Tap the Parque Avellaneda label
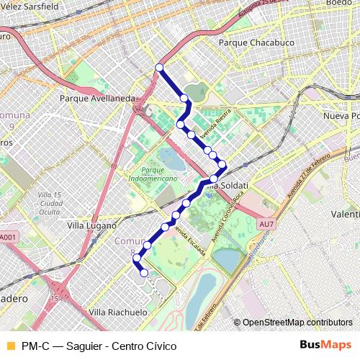pos(98,98)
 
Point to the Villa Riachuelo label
pos(117,312)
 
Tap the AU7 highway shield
pos(266,225)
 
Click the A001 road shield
pos(7,237)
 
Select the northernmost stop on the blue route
pos(159,68)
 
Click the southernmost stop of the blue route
pos(144,273)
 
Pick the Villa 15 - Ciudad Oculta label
pos(50,204)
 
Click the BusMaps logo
pos(325,345)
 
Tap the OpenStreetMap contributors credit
pos(293,323)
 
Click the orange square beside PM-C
pos(9,346)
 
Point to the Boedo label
pos(338,3)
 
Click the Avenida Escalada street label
pos(192,245)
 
